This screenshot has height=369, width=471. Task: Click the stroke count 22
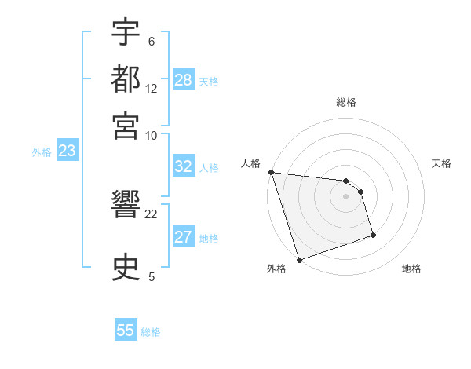point(152,214)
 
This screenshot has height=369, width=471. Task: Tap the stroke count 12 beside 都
point(152,88)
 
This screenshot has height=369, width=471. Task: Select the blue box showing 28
point(184,80)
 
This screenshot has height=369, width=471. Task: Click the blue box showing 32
point(184,166)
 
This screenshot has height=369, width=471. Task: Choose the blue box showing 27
point(184,237)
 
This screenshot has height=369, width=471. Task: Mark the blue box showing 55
point(126,331)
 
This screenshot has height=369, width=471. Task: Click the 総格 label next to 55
point(151,332)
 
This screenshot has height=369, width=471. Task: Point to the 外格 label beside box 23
point(42,152)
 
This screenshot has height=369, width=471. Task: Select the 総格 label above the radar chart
point(346,102)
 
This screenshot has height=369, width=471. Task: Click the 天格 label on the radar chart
point(441,163)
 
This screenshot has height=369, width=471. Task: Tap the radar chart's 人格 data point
point(271,172)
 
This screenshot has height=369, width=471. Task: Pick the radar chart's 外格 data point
point(299,259)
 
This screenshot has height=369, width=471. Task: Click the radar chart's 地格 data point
point(373,235)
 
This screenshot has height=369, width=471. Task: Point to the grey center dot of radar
point(346,195)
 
